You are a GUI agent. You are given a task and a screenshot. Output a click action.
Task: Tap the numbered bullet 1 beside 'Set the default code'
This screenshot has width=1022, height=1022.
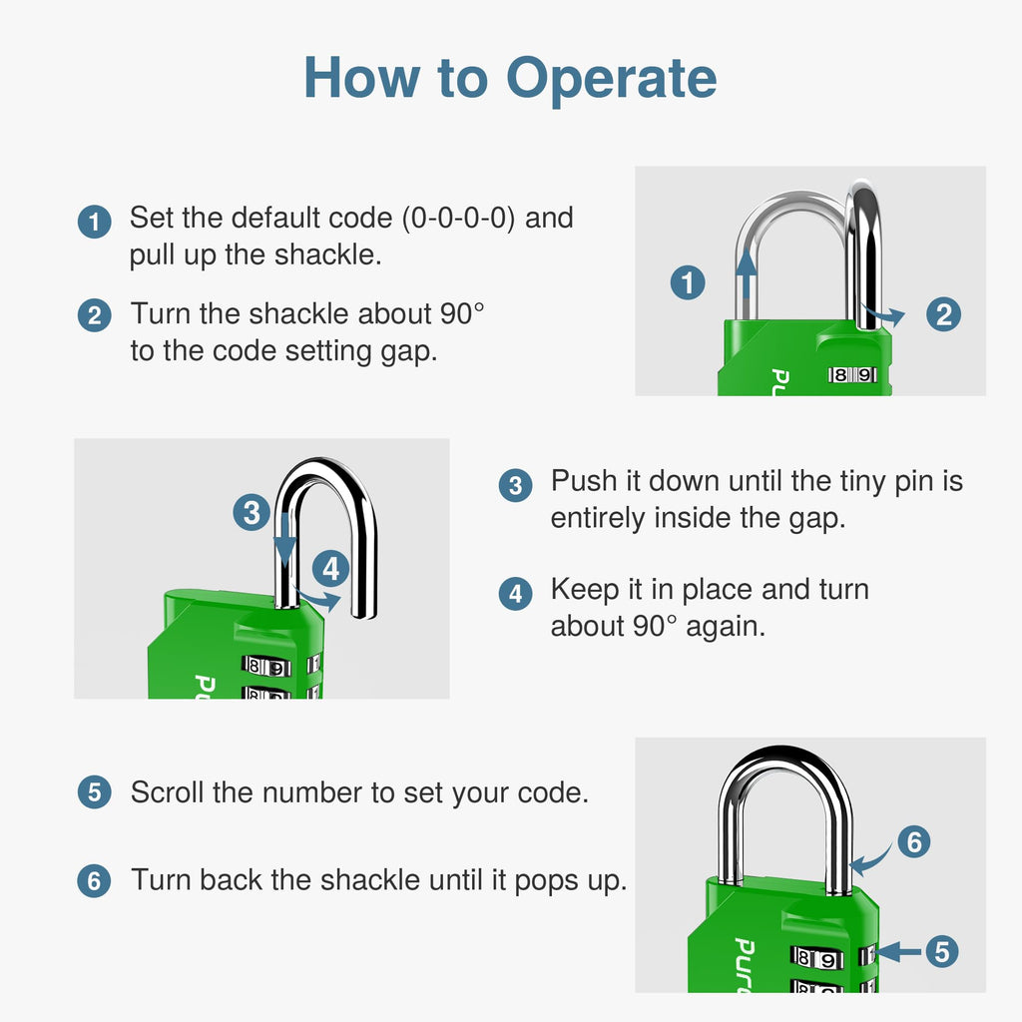point(95,222)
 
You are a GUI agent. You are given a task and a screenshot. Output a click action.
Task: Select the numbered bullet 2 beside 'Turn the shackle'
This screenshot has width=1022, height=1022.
point(95,315)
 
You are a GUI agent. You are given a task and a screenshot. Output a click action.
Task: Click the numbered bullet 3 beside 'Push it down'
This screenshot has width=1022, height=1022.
point(516,486)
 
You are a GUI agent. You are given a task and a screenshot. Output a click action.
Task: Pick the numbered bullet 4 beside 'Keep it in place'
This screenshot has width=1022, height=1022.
point(516,594)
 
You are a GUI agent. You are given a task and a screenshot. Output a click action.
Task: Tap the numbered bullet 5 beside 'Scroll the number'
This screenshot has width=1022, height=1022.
point(95,792)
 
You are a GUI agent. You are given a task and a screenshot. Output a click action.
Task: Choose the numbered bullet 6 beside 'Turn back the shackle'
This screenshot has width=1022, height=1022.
point(95,881)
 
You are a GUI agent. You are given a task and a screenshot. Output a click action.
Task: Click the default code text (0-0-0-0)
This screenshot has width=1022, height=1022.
point(458,219)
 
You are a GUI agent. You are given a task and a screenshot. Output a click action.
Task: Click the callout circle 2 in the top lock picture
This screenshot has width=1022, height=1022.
point(944,314)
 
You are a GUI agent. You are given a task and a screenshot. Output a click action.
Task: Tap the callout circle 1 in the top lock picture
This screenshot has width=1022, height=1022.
point(688,282)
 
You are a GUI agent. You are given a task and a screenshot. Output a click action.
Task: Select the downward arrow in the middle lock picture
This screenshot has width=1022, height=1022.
point(284,540)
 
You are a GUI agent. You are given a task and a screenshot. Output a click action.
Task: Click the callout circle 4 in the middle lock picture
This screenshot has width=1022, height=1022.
point(331,568)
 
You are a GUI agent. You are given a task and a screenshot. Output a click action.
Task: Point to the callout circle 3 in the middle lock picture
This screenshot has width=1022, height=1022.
point(252,512)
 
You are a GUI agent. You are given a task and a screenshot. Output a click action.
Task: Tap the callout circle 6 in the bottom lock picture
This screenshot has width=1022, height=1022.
point(914,841)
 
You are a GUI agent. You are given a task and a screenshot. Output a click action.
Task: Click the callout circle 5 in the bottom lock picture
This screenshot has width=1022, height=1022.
point(942,951)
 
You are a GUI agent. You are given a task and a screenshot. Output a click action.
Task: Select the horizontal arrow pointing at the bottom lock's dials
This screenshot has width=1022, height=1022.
point(899,951)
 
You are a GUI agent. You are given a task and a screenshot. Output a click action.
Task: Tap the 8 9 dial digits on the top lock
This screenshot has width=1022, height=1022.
point(852,375)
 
